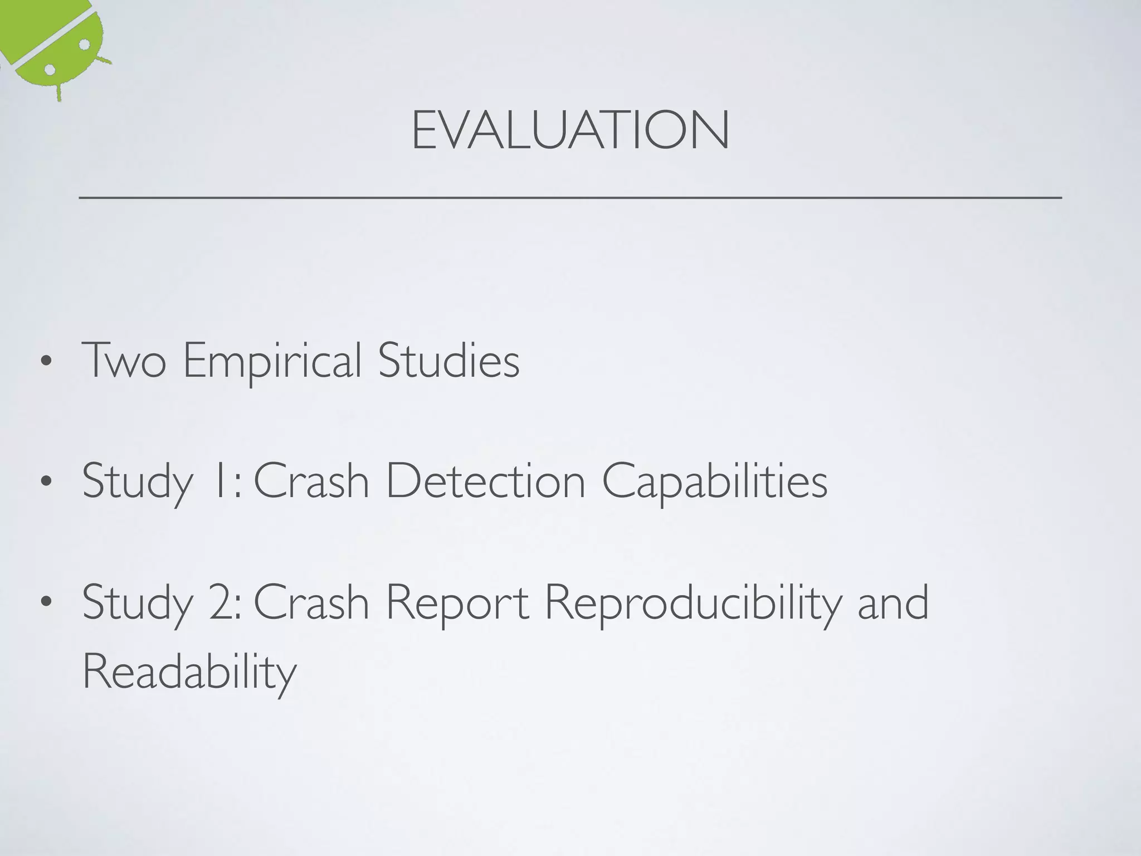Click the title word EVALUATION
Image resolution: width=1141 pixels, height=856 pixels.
tap(570, 130)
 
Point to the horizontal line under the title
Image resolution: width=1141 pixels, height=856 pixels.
tap(570, 197)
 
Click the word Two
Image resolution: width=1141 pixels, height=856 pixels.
tap(124, 361)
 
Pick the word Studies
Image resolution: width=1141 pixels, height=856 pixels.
tap(448, 361)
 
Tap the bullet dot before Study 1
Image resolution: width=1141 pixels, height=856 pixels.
tap(46, 481)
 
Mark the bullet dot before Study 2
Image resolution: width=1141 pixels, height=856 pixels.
tap(46, 602)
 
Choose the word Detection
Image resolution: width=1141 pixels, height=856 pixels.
tap(485, 481)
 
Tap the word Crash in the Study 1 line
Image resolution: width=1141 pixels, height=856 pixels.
tap(311, 481)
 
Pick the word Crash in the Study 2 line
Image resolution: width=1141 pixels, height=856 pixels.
tap(311, 602)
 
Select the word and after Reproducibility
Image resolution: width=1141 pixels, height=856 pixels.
tap(893, 602)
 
